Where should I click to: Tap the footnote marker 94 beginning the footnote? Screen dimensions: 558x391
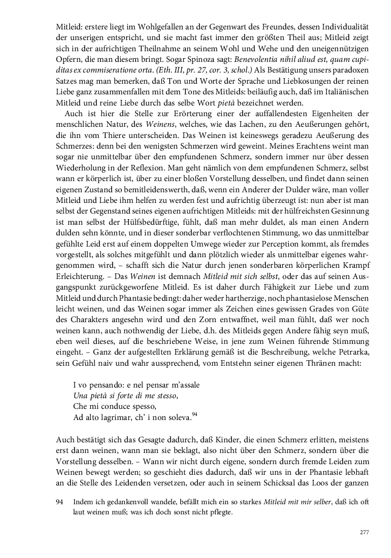point(59,502)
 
